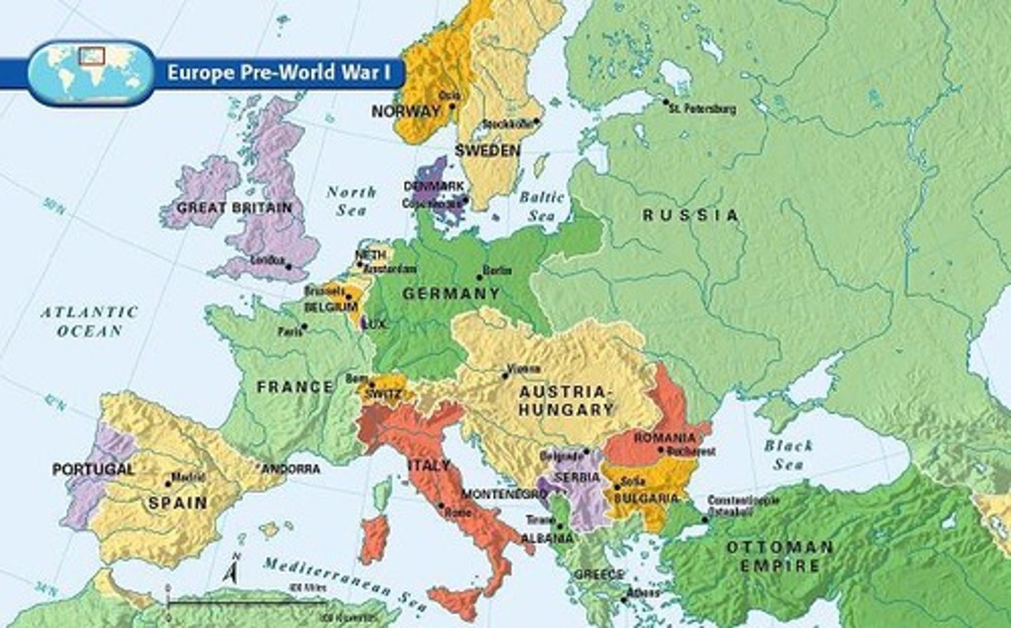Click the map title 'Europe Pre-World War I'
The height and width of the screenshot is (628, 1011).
click(279, 72)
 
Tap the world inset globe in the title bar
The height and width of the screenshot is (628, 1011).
click(91, 72)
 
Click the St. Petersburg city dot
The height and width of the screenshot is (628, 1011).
click(666, 102)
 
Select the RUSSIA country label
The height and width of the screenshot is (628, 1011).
click(691, 215)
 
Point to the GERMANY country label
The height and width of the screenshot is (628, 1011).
click(451, 293)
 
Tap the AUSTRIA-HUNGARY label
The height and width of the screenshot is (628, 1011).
click(566, 401)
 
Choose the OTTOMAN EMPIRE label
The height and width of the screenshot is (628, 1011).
click(779, 556)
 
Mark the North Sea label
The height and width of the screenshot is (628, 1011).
click(351, 201)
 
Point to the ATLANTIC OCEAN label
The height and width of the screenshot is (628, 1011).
click(88, 321)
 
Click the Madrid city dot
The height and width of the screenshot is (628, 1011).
click(168, 483)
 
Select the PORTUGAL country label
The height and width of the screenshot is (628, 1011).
click(93, 469)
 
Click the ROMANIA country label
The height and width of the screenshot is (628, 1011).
click(664, 438)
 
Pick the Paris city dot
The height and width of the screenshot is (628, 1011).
click(304, 326)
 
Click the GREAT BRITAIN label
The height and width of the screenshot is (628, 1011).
click(234, 208)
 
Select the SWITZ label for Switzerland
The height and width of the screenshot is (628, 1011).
click(383, 394)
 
